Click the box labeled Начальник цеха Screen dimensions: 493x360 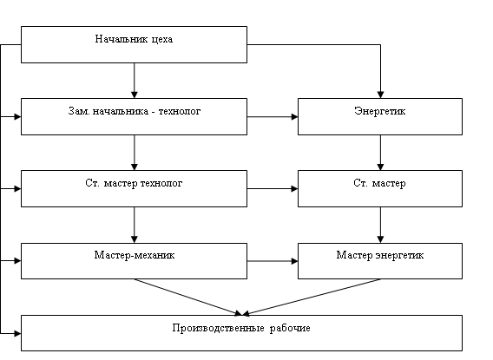tap(134, 44)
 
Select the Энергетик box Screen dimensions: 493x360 tap(380, 116)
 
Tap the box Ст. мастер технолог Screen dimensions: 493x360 tap(134, 188)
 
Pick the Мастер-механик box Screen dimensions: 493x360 tap(134, 261)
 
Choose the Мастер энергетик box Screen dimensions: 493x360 tap(380, 261)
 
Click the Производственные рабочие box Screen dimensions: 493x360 tap(241, 333)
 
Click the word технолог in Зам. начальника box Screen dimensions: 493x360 tap(180, 111)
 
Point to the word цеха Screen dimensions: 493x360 tap(162, 39)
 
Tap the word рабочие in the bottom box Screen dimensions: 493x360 tap(290, 328)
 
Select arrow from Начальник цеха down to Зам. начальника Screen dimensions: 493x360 tap(135, 81)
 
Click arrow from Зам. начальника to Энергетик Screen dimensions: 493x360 tap(273, 117)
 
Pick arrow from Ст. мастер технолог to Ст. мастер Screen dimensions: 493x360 tap(273, 189)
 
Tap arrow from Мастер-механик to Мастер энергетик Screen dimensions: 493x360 tap(273, 261)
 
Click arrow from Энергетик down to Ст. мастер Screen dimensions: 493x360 tap(380, 153)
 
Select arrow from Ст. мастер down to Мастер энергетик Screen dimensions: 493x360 tap(380, 225)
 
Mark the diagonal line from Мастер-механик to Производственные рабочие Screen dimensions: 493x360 tap(188, 297)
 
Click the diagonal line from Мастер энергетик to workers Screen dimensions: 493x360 tap(312, 297)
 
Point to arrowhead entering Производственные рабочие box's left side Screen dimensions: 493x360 tap(17, 333)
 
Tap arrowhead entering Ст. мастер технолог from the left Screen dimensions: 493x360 tap(17, 189)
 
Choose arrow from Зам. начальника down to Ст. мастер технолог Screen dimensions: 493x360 tap(135, 153)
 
